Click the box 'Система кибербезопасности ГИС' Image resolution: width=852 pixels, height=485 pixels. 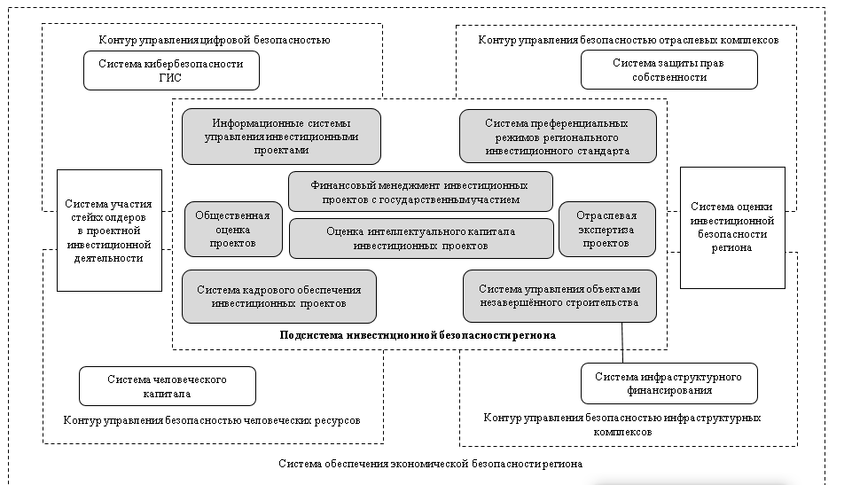click(x=172, y=70)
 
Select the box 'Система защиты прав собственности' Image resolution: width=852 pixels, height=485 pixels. click(x=669, y=70)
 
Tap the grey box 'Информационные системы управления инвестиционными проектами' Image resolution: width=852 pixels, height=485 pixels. click(x=281, y=137)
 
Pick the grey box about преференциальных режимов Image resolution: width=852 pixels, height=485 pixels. click(x=558, y=137)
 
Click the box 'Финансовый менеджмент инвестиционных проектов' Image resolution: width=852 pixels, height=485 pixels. click(x=420, y=192)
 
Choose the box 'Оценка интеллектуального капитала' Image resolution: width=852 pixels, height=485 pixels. click(x=420, y=238)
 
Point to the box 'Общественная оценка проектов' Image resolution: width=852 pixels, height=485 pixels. click(x=233, y=228)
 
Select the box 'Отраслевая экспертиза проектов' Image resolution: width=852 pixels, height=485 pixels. click(x=607, y=228)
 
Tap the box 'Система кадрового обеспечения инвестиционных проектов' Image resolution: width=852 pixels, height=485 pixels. click(x=278, y=296)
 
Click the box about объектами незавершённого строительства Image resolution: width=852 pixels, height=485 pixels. click(x=559, y=296)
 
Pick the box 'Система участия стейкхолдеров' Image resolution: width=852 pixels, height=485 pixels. click(x=109, y=231)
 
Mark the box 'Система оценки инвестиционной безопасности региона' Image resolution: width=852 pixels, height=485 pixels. click(x=732, y=227)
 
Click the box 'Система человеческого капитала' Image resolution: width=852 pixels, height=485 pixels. click(x=168, y=387)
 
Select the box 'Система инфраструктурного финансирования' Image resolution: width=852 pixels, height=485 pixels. click(x=668, y=383)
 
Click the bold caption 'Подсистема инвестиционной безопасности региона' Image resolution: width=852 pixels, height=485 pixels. click(x=418, y=335)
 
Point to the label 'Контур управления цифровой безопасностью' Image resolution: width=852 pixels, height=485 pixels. click(x=215, y=39)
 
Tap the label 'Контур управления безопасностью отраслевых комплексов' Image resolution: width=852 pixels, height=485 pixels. click(x=629, y=40)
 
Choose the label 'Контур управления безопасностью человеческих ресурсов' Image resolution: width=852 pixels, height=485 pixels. click(x=212, y=419)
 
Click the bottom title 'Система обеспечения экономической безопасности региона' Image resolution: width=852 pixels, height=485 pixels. click(x=431, y=464)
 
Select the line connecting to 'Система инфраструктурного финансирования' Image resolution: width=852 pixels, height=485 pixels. click(x=622, y=343)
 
